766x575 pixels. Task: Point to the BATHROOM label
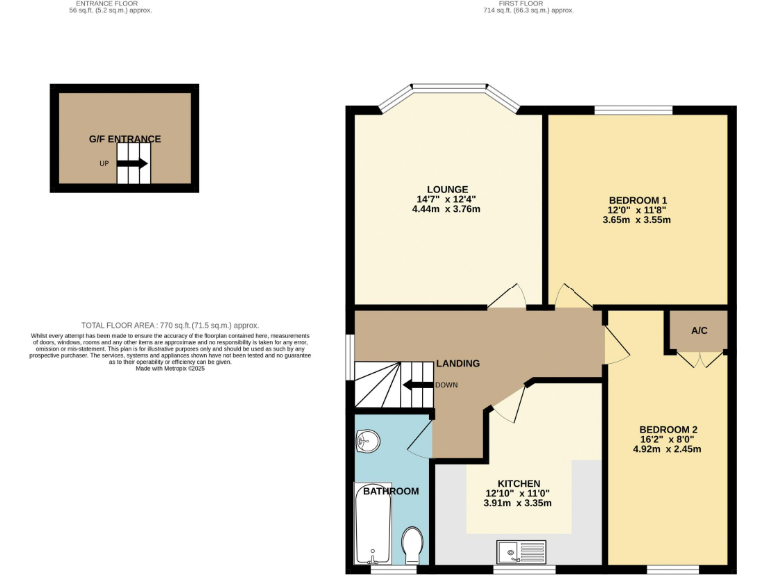(390, 491)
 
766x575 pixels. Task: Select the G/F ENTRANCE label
(125, 139)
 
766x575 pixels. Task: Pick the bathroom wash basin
(367, 440)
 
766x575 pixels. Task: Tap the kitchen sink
(522, 550)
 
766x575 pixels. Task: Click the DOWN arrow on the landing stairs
(420, 385)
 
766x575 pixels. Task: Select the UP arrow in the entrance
(135, 163)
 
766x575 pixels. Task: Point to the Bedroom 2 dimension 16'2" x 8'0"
(667, 439)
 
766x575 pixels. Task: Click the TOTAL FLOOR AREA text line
(171, 325)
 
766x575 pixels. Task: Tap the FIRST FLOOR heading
(529, 5)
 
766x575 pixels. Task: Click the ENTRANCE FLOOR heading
(125, 5)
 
